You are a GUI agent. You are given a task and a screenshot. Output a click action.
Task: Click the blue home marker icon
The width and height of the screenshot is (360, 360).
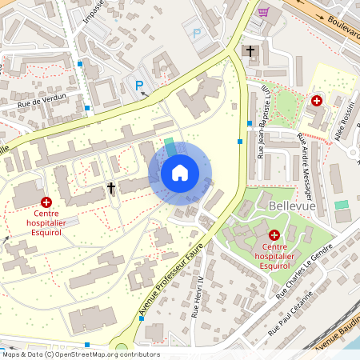coord(180,173)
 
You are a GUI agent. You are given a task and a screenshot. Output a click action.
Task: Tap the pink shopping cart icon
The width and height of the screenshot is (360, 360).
coord(263,11)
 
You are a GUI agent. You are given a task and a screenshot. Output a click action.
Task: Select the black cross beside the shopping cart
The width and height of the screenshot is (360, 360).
coord(250,51)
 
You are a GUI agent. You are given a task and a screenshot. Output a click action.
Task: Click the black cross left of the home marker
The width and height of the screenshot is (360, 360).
coord(111,188)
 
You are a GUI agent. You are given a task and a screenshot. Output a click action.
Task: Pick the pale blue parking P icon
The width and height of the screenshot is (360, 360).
coord(197,34)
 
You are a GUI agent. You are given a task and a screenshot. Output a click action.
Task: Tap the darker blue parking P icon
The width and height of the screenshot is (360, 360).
coord(138,86)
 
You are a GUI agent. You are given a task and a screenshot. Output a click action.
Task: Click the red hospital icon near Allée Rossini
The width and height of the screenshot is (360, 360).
coord(317,102)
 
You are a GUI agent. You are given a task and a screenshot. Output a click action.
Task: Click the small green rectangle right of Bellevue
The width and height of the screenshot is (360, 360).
coord(342,206)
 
